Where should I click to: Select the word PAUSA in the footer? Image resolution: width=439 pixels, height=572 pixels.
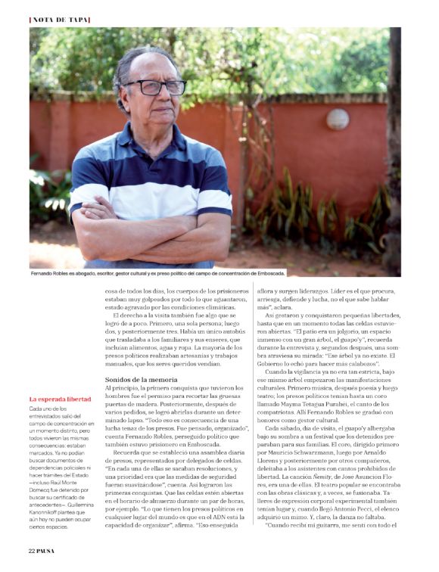(x=48, y=561)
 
